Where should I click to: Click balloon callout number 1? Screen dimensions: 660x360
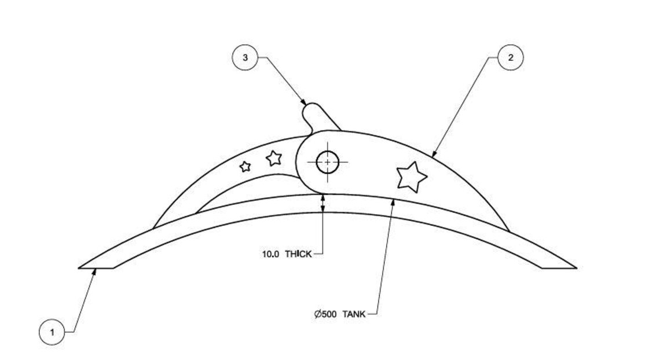[x=52, y=332]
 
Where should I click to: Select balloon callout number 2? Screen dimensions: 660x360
[x=510, y=58]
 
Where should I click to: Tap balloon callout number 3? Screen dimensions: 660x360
[x=245, y=58]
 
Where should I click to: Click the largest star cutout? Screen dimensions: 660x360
[x=411, y=177]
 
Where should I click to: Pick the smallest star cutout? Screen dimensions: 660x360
[x=245, y=167]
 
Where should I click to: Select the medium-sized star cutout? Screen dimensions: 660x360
[x=273, y=157]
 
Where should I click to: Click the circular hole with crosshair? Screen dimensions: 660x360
[x=328, y=162]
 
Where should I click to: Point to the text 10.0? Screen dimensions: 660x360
[x=270, y=254]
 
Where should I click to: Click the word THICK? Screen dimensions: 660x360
[x=298, y=254]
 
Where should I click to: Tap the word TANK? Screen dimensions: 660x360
[x=354, y=315]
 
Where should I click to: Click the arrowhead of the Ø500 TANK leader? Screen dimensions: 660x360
[x=394, y=200]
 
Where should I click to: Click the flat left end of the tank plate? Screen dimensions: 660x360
[x=96, y=268]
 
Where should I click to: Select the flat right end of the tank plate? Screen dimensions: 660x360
[x=559, y=268]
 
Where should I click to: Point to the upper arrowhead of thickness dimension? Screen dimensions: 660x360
[x=323, y=197]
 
